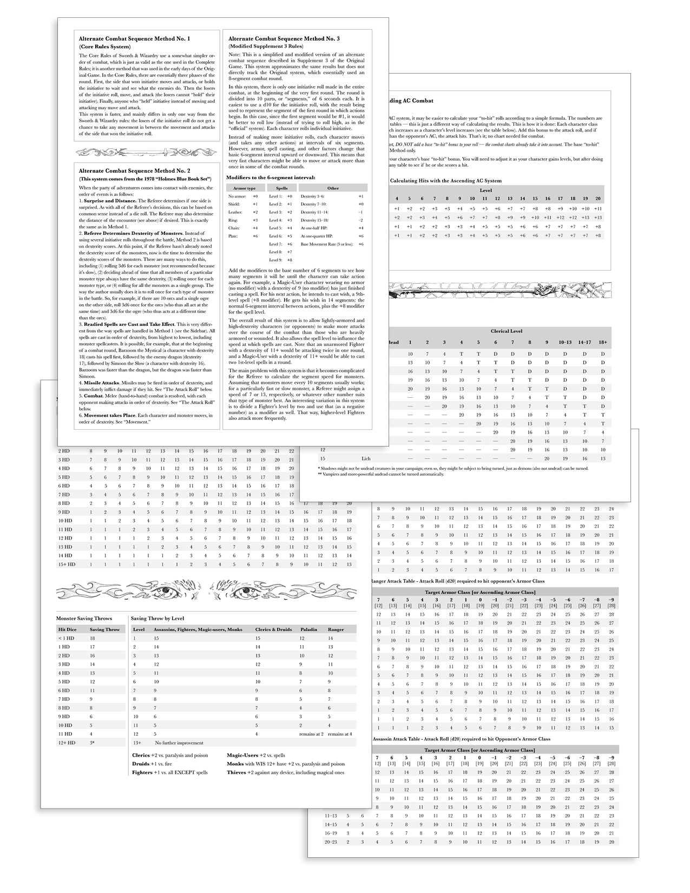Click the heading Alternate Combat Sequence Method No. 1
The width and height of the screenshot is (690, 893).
[134, 39]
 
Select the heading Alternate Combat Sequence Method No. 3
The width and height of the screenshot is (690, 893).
[284, 39]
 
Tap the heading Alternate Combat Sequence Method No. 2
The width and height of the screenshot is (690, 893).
[134, 170]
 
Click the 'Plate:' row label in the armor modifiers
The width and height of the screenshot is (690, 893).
[234, 236]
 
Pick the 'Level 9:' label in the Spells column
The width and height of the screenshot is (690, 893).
[275, 260]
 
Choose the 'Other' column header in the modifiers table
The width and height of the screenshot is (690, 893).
[333, 188]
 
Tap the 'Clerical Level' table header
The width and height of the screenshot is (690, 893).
[507, 331]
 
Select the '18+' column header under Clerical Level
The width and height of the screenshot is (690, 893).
[603, 342]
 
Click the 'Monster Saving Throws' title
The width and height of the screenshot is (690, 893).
[84, 618]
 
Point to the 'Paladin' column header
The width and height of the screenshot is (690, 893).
[308, 629]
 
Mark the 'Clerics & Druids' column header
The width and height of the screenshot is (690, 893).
[273, 629]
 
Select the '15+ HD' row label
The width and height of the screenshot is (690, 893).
[67, 564]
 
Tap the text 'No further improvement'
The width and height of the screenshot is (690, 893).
[179, 743]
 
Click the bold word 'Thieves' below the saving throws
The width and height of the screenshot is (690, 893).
[236, 772]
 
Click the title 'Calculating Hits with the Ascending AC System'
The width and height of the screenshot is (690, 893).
[446, 180]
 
